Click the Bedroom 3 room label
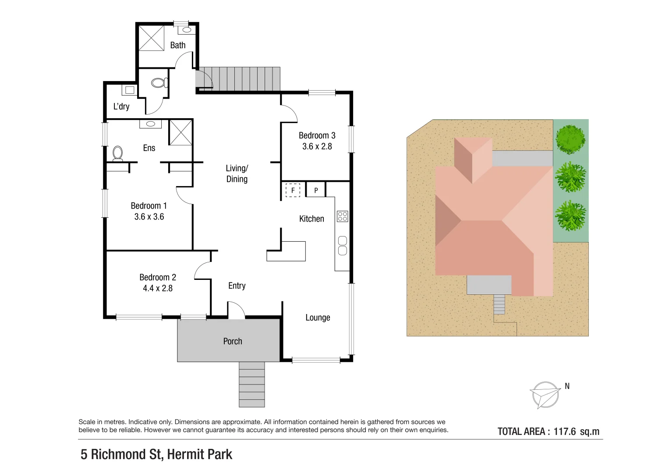coord(317,135)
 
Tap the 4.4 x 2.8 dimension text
coord(158,288)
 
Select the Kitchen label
coord(311,219)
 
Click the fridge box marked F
coord(293,191)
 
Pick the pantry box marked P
coord(316,191)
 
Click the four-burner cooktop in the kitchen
coord(342,216)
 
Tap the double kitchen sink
coord(342,245)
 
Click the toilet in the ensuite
coord(117,153)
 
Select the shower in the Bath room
coord(151,38)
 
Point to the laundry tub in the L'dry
coord(129,90)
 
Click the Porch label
coord(232,341)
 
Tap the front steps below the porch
coord(251,384)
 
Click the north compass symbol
coord(545,395)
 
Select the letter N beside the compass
coord(567,386)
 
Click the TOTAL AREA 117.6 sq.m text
coord(548,431)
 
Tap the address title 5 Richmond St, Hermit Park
coord(156,454)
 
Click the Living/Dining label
coord(237,173)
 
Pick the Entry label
coord(237,286)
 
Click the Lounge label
coord(318,318)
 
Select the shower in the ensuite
coord(181,132)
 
